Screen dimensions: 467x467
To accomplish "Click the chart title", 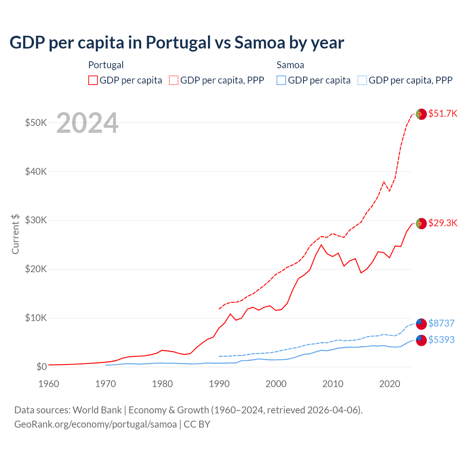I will click(177, 43).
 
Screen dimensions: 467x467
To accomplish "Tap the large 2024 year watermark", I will click(88, 123).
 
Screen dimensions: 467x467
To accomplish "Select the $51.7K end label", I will click(443, 113).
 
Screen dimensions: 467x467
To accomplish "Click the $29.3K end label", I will click(443, 223).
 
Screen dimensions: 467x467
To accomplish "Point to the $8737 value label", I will click(441, 323).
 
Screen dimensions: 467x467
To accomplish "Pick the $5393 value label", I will click(441, 340).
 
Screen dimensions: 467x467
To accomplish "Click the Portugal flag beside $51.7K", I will click(421, 114).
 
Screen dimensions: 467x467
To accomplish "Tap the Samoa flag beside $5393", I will click(421, 340).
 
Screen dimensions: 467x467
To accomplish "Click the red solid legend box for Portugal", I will click(93, 80).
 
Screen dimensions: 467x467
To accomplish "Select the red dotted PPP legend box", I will click(174, 80).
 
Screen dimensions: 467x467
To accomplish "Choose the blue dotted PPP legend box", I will click(362, 80).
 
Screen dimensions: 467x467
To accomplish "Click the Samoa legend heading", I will click(290, 65).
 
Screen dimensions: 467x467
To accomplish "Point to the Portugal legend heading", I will click(106, 65).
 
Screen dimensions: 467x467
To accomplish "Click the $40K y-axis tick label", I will click(36, 171).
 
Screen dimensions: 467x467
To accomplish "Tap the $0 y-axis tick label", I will click(42, 367).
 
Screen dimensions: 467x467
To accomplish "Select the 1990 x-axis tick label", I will click(219, 384).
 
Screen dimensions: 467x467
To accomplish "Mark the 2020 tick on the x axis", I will click(390, 384).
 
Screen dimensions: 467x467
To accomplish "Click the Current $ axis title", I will click(15, 234).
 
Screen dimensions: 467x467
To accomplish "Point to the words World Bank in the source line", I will click(97, 410).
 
